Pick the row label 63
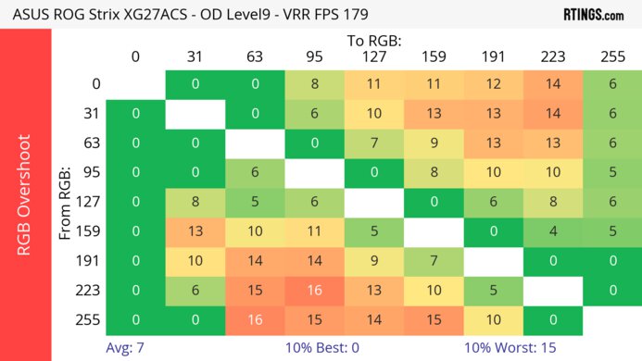point(91,144)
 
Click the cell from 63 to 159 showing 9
point(433,143)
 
